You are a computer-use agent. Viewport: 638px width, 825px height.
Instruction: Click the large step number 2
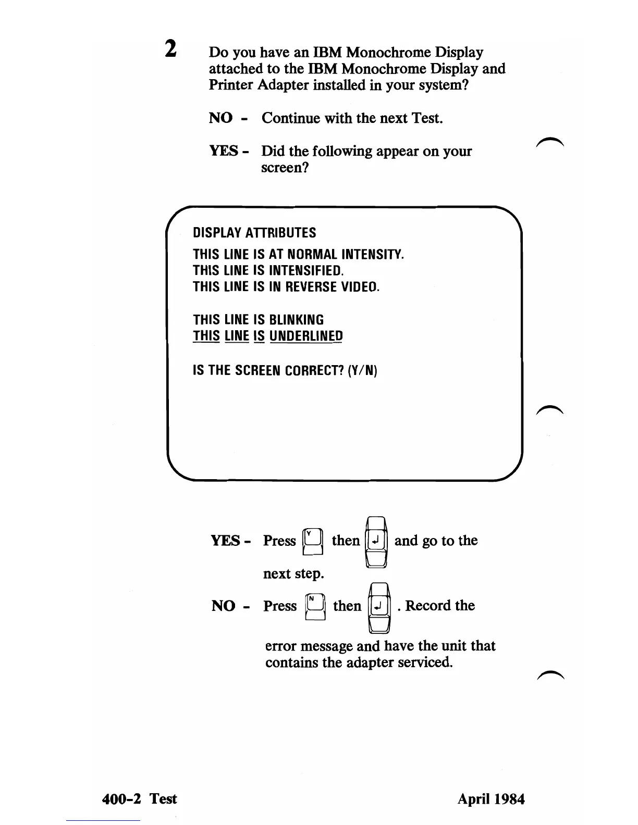tap(170, 49)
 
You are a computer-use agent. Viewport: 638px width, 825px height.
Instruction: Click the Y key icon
tap(313, 541)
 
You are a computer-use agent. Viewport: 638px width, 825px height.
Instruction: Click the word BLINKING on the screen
tap(296, 320)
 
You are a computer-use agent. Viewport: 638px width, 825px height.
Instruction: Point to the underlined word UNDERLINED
tap(306, 336)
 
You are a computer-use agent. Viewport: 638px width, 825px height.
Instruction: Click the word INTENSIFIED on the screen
tap(306, 271)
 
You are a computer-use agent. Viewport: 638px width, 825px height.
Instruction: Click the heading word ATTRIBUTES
tap(280, 233)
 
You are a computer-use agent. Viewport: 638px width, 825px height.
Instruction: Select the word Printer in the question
tap(231, 85)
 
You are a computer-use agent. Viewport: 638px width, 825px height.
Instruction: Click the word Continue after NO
tap(291, 118)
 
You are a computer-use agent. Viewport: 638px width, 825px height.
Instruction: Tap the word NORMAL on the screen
tap(313, 255)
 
